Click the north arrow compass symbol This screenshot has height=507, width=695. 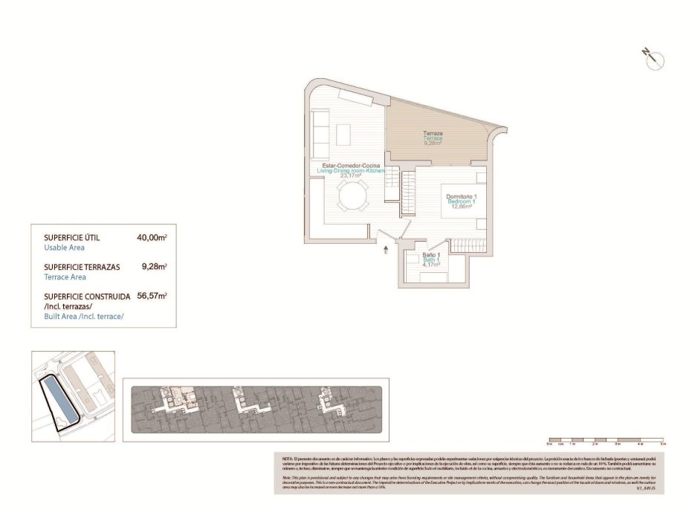point(654,60)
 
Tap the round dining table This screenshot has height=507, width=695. point(352,198)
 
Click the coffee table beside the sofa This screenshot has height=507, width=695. point(343,135)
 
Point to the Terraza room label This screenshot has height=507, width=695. point(433,133)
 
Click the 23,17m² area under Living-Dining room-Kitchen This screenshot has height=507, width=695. point(349,176)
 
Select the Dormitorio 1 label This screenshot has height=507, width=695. point(461,196)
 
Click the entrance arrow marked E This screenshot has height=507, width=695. point(387,251)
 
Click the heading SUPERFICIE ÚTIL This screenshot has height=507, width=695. point(71,238)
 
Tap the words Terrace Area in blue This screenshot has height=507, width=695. point(65,277)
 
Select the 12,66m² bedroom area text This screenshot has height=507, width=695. point(461,207)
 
